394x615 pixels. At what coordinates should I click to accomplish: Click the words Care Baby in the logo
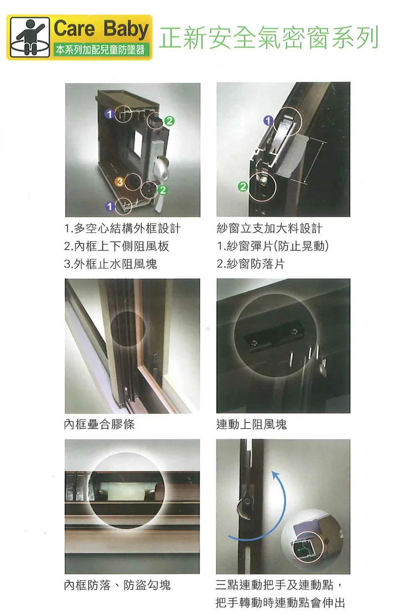[x=101, y=30]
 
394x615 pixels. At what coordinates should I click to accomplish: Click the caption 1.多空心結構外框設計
[x=123, y=229]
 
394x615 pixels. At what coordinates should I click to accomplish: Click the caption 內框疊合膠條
[x=99, y=424]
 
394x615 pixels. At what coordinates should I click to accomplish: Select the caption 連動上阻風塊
[x=251, y=424]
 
